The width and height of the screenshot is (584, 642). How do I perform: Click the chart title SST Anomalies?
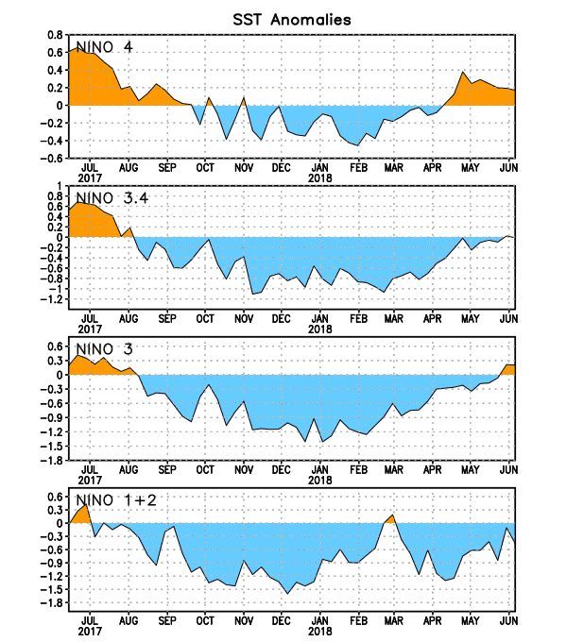[291, 19]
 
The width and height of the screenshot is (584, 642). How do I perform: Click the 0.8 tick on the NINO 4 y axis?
[55, 35]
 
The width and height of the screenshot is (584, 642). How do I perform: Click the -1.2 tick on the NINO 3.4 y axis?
[52, 300]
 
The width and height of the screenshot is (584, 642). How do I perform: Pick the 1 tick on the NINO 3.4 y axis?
[60, 186]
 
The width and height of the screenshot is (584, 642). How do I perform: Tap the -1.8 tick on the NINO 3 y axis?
[52, 461]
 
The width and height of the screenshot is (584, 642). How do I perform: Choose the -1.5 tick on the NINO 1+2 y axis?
[52, 589]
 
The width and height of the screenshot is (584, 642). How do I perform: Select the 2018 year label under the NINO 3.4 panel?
[320, 329]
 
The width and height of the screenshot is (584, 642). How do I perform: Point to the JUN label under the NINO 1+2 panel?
[508, 620]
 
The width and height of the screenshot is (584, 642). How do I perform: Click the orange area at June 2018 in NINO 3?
[507, 369]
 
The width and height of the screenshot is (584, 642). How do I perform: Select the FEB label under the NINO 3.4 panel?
[358, 318]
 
